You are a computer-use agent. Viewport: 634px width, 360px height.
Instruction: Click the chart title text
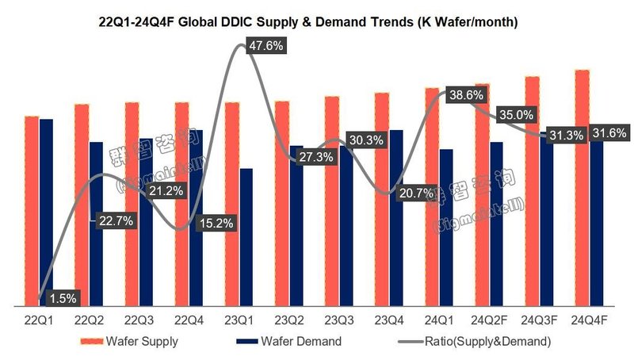click(x=317, y=22)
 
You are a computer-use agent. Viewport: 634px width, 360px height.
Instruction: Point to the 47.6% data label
click(x=266, y=45)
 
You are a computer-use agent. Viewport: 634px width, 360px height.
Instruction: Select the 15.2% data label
click(x=215, y=223)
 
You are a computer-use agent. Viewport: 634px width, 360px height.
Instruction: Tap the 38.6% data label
click(x=465, y=94)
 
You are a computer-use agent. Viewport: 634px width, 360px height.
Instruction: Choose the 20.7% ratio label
click(x=415, y=192)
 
